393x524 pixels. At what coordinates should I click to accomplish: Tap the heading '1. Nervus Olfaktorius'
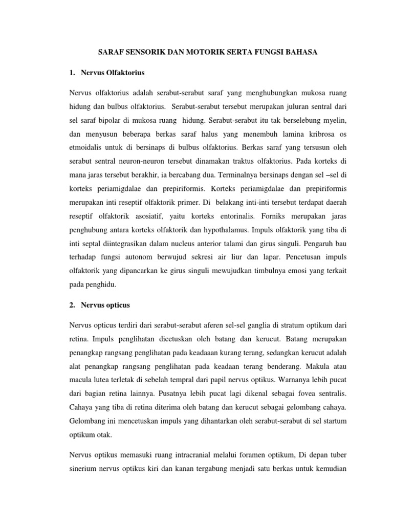click(x=108, y=73)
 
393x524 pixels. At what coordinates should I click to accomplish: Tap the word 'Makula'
click(x=304, y=366)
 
